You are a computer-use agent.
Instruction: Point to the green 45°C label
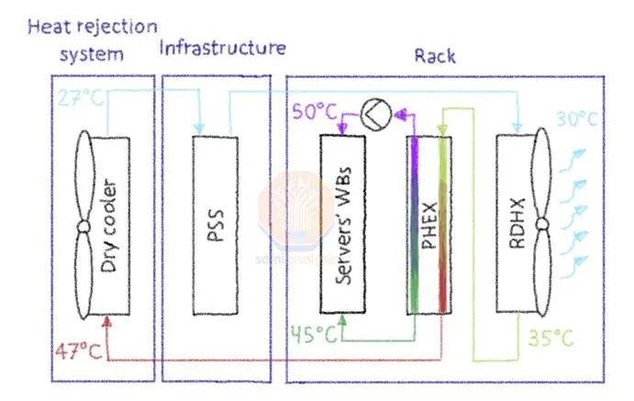coord(314,335)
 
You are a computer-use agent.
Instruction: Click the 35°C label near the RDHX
coord(550,337)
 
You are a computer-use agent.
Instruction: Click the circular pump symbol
coord(376,113)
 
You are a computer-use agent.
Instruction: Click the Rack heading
coord(434,56)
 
